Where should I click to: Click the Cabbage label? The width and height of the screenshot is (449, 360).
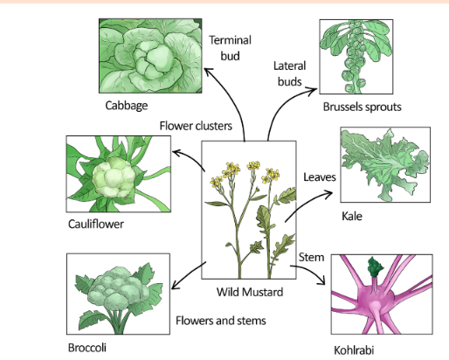point(127,106)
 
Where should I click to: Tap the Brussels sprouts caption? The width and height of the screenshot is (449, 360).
point(362,107)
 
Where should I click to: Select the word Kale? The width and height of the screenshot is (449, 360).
point(352,216)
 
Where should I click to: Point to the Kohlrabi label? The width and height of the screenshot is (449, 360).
point(354,350)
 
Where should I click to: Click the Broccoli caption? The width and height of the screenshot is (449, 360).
point(87,348)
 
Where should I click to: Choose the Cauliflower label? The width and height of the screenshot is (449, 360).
point(96,224)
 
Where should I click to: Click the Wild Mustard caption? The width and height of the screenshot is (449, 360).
point(250,292)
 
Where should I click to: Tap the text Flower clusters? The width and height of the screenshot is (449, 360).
point(196,126)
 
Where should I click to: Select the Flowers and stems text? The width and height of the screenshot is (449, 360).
point(221,321)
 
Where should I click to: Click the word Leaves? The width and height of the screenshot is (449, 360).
point(320,177)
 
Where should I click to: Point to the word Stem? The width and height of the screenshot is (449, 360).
point(311,257)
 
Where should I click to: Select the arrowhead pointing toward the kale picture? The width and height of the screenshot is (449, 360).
point(329,193)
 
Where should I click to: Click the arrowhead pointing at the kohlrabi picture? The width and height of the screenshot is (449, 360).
point(322,281)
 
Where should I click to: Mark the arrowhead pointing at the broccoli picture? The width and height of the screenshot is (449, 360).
point(174,286)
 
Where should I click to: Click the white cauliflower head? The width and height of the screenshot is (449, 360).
point(114,177)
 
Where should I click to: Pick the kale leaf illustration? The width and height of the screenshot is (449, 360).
point(385,163)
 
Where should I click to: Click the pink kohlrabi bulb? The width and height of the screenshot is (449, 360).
point(376,300)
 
